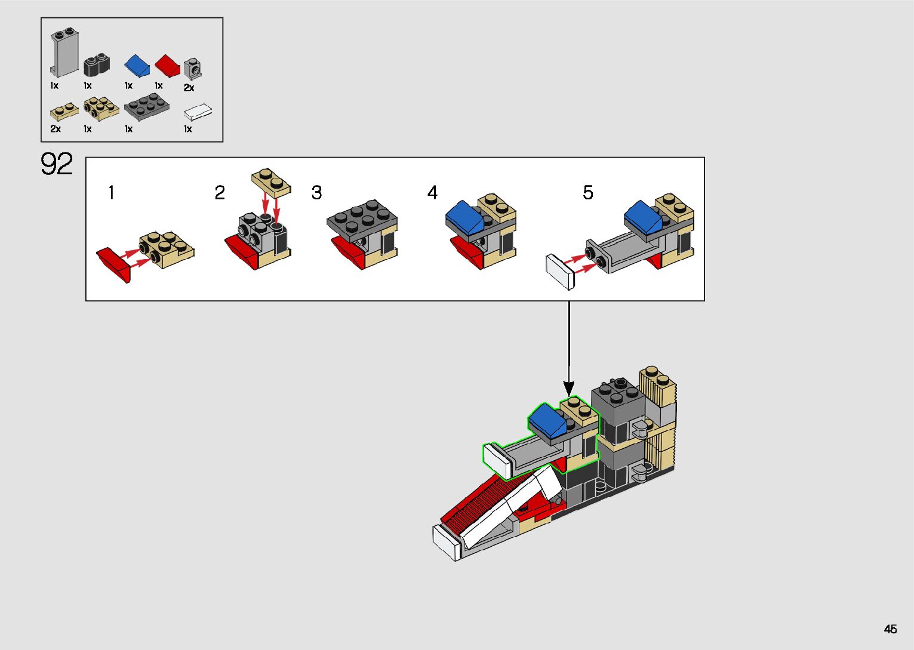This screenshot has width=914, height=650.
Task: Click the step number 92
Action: [x=57, y=164]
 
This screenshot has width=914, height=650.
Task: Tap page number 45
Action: [x=890, y=629]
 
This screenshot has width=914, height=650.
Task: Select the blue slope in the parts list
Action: [x=137, y=65]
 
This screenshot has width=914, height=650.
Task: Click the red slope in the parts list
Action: [x=168, y=65]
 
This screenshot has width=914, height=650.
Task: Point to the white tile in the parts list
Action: [x=198, y=112]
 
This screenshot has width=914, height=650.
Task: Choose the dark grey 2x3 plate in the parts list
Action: [x=146, y=107]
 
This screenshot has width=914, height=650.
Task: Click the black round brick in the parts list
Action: [x=97, y=64]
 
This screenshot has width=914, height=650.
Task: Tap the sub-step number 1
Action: [x=111, y=193]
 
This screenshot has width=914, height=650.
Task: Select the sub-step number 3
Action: [x=316, y=193]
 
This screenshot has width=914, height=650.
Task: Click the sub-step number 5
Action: [x=588, y=193]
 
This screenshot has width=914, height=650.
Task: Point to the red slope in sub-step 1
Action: [x=114, y=263]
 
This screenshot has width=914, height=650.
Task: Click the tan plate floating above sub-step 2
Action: [x=272, y=181]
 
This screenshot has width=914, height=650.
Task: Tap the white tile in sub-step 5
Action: [x=560, y=272]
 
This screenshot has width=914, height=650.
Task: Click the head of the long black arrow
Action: [x=569, y=388]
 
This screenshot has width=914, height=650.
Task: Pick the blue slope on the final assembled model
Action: [x=546, y=420]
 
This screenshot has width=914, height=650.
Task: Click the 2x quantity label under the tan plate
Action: [x=56, y=129]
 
